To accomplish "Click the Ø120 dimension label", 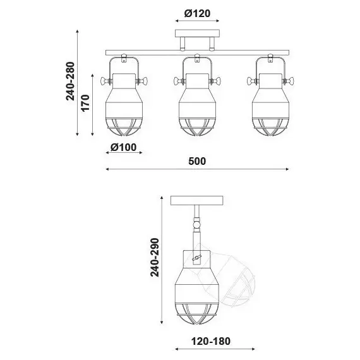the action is [197, 13].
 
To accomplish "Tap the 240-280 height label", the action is [71, 81].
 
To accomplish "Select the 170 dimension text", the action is [85, 103].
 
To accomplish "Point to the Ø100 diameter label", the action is [124, 147].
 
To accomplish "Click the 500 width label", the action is [197, 161].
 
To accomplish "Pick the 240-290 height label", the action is [155, 258].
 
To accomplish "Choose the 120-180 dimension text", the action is [211, 341].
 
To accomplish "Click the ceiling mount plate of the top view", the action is [197, 33].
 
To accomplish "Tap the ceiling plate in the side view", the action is [197, 200].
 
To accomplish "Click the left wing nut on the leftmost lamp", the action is [105, 81].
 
